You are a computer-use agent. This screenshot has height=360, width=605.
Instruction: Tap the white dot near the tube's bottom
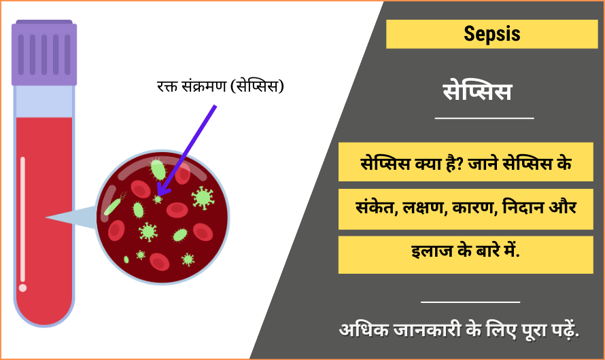coord(23,288)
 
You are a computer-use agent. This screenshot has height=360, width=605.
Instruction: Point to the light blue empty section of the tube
coord(44,101)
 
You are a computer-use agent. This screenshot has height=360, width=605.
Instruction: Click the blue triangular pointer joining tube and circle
coord(71,217)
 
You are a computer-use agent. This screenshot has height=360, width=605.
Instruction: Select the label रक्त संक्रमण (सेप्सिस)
coord(220,86)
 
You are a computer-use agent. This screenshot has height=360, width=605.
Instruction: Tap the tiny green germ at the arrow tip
coord(158,200)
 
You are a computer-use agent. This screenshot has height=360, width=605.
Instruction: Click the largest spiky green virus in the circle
coord(202,198)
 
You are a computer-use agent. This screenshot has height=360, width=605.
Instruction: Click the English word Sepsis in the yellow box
coord(491,33)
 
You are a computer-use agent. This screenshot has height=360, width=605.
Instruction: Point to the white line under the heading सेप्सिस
coord(484,119)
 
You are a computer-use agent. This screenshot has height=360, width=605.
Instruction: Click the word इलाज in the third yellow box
coord(422,252)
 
